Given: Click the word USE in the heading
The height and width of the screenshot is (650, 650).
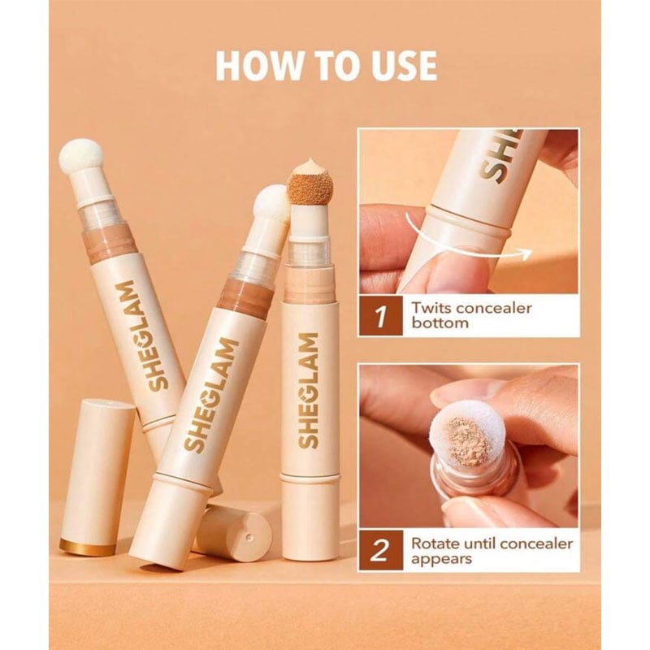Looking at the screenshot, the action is point(404,66).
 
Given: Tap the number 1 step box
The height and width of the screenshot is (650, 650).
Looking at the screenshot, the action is point(380,315).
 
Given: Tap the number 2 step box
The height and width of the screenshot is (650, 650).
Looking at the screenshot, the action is point(380,550).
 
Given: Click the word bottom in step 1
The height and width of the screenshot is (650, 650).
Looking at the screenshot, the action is point(440,323).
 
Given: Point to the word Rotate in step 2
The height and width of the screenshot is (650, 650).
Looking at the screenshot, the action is point(435,544).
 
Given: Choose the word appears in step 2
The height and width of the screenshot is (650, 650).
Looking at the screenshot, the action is point(441,559).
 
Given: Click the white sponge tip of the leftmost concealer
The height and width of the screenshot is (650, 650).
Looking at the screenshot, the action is point(80,155).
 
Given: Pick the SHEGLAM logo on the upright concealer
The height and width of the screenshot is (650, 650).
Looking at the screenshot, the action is point(309,390).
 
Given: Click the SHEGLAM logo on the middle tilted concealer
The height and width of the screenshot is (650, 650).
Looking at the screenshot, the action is point(210,395).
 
